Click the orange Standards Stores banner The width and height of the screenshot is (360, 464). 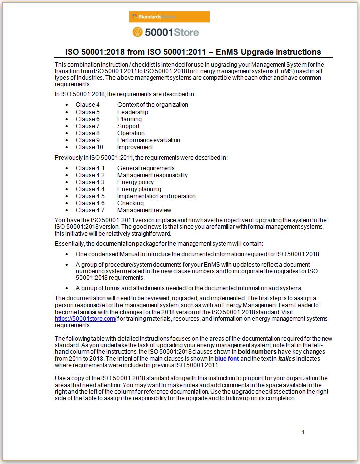click(x=169, y=17)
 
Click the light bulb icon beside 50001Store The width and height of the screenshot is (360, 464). click(x=137, y=32)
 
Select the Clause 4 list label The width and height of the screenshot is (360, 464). click(x=88, y=105)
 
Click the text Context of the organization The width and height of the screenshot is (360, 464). click(x=153, y=105)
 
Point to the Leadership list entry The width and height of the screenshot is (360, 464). click(x=133, y=112)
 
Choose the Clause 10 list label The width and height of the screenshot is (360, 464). click(x=89, y=147)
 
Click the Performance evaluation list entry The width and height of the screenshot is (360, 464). click(x=149, y=140)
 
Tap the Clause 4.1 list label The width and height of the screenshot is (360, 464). click(x=90, y=168)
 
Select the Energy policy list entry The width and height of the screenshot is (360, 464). click(x=136, y=182)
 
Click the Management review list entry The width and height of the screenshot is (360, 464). click(x=144, y=210)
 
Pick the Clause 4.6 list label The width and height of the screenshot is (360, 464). click(x=90, y=203)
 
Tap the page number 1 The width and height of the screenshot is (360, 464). click(x=303, y=432)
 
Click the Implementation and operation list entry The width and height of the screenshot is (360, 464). click(x=156, y=196)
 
